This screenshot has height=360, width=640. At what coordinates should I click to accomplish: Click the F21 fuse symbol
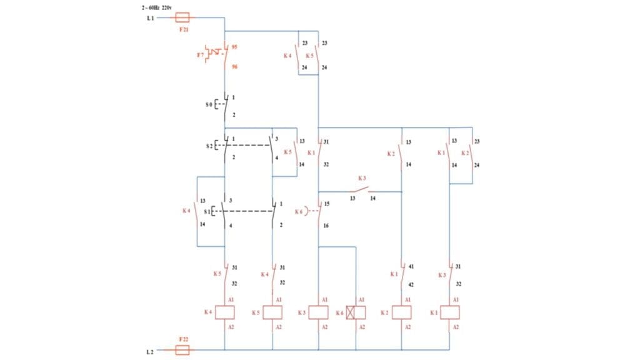point(183,18)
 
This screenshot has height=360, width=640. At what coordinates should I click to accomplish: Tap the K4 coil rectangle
point(224,312)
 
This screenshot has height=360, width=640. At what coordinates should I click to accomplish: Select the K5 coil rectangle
point(272,312)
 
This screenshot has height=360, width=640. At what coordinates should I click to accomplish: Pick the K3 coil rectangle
point(319,312)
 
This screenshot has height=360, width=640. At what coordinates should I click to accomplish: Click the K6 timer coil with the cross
point(356,312)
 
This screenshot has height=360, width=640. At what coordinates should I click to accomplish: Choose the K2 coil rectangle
point(401,312)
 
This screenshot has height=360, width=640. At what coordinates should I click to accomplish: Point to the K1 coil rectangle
point(449,312)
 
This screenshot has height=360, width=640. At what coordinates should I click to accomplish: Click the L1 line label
point(150,19)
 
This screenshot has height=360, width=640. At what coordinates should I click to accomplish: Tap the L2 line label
point(150,352)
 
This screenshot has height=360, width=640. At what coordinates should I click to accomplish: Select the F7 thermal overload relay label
point(200,55)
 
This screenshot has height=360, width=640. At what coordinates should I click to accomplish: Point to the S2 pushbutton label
point(208,146)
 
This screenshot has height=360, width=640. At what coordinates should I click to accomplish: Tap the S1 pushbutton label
point(207,211)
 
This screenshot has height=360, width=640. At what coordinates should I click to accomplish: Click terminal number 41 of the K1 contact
point(411,267)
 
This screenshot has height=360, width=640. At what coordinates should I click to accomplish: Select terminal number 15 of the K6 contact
point(326,204)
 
